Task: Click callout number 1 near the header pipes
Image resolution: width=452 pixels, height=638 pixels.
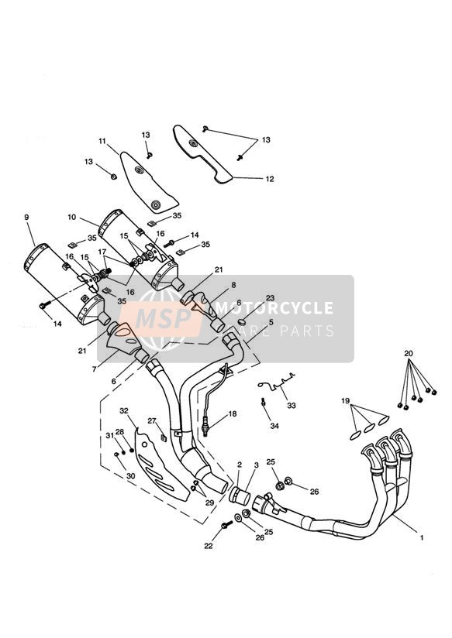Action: [422, 537]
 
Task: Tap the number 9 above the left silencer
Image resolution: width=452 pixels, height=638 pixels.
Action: [26, 218]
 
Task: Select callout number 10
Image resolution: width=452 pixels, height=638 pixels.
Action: [72, 218]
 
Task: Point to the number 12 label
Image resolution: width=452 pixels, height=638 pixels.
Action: [270, 179]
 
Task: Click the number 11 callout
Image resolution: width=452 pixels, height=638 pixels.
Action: [102, 141]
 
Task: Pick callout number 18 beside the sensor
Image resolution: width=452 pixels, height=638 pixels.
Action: [233, 413]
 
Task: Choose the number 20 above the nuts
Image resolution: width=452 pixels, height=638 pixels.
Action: [409, 353]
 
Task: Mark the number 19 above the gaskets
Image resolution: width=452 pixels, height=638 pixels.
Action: [345, 401]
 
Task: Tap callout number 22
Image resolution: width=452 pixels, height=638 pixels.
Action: [209, 546]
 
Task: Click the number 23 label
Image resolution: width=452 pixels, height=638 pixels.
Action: [271, 298]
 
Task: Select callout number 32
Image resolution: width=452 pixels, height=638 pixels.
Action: [124, 411]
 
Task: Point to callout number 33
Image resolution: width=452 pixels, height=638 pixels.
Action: [292, 406]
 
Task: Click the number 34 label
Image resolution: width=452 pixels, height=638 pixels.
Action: [274, 426]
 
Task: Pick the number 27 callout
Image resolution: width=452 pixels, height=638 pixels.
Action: [152, 421]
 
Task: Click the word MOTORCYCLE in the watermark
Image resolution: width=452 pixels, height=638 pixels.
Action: [274, 307]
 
